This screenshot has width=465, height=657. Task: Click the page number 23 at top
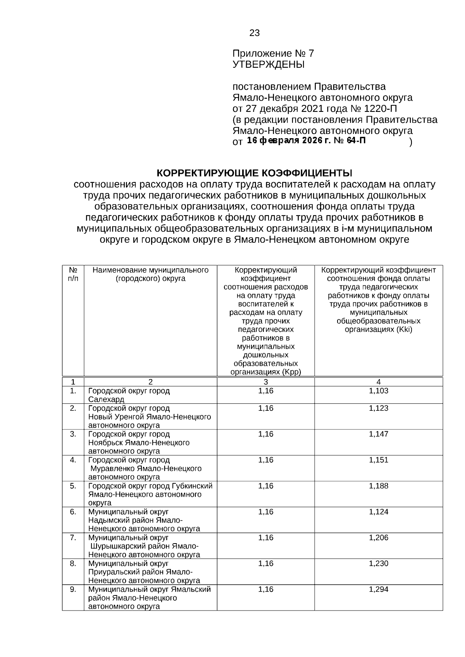pos(254,33)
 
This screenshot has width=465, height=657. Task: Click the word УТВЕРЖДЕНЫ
pos(268,65)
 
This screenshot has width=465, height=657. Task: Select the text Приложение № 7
pos(273,53)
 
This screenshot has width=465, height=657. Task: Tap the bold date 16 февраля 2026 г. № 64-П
pos(306,141)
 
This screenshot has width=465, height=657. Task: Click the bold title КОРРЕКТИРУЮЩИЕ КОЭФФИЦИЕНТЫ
pos(254,172)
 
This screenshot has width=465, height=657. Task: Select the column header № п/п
pos(73,274)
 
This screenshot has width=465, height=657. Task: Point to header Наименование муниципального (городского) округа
pos(150,274)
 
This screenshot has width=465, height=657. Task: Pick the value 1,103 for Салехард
pos(378,391)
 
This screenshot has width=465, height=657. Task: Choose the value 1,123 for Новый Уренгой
pos(378,408)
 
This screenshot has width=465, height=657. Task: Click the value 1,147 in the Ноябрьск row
pos(378,434)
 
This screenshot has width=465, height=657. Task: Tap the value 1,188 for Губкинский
pos(378,486)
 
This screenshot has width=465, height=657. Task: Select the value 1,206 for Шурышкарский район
pos(378,537)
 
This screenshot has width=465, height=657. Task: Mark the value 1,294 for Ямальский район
pos(378,589)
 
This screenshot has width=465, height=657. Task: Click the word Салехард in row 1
pos(106,399)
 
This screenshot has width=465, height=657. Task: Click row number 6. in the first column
pos(73,512)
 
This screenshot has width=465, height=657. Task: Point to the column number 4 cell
pos(378,382)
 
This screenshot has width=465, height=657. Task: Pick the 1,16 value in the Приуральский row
pos(266,563)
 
